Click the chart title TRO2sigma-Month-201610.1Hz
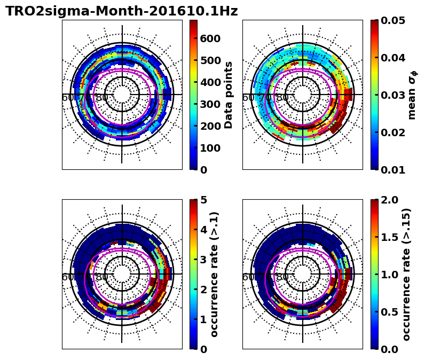coord(122,11)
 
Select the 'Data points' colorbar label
coord(229,95)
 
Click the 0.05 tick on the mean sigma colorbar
coord(392,20)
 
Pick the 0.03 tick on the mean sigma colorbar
coord(392,95)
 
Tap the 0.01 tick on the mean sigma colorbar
coord(392,170)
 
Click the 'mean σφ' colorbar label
coord(412,95)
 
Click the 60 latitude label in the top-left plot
coord(68,98)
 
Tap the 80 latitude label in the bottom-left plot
coord(101,277)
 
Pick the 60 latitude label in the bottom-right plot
coord(249,277)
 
